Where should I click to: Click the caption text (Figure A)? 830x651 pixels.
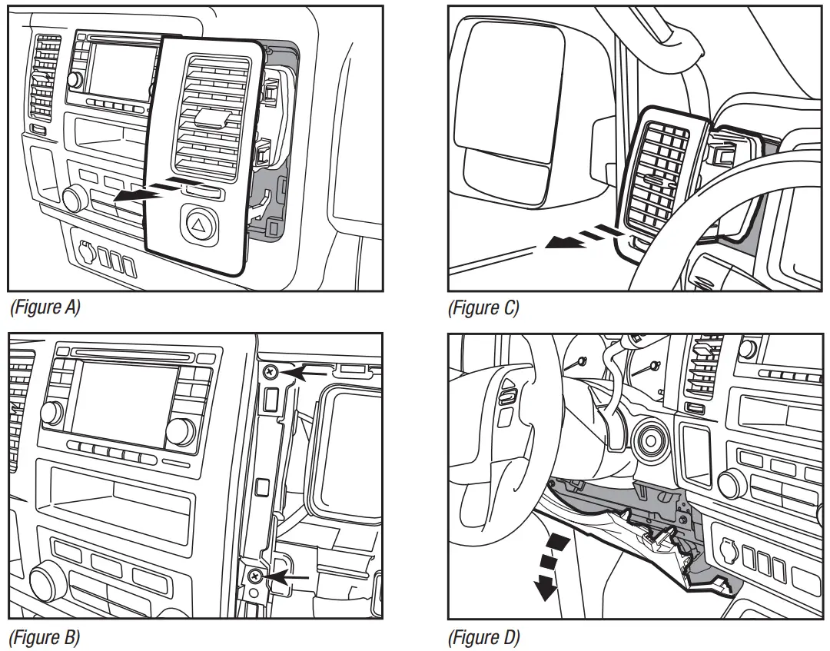click(x=45, y=308)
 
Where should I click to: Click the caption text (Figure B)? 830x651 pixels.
click(x=45, y=637)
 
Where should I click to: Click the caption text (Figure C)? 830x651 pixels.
click(x=484, y=308)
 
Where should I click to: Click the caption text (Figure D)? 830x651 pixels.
click(x=484, y=637)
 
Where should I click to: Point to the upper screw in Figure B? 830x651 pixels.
click(x=270, y=373)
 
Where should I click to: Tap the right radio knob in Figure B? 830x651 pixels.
click(x=179, y=432)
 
